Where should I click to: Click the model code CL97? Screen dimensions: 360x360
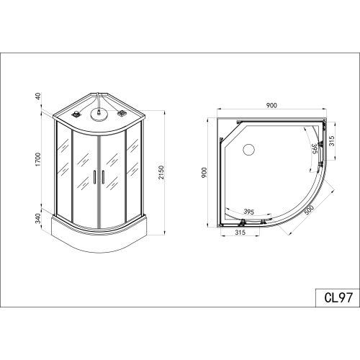pyautogui.click(x=338, y=297)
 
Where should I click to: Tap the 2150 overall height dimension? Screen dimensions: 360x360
pyautogui.click(x=161, y=172)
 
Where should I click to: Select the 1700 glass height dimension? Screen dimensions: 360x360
pyautogui.click(x=38, y=159)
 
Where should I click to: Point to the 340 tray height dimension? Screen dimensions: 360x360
pyautogui.click(x=38, y=218)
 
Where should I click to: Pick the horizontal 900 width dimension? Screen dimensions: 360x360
pyautogui.click(x=271, y=105)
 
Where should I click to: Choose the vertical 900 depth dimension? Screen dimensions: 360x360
pyautogui.click(x=204, y=173)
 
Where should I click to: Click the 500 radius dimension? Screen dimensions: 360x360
pyautogui.click(x=309, y=211)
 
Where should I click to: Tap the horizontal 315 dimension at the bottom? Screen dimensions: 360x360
pyautogui.click(x=240, y=233)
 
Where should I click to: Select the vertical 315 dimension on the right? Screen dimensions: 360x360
pyautogui.click(x=331, y=141)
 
